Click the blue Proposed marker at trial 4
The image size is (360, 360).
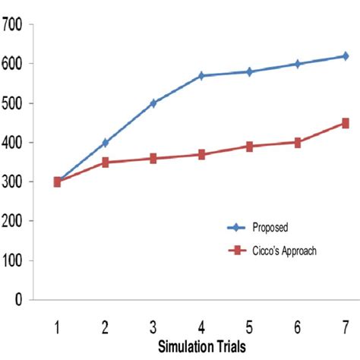(x=201, y=75)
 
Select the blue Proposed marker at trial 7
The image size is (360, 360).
(x=345, y=55)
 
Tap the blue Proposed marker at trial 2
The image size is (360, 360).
(x=106, y=142)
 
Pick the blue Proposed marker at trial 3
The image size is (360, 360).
(x=153, y=103)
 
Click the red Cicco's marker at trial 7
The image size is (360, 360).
(x=345, y=123)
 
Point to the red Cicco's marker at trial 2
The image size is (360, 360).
(x=106, y=162)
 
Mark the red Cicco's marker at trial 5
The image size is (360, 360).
(x=249, y=146)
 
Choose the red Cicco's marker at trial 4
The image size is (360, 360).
(x=201, y=154)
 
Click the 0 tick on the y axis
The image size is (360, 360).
(x=26, y=299)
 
